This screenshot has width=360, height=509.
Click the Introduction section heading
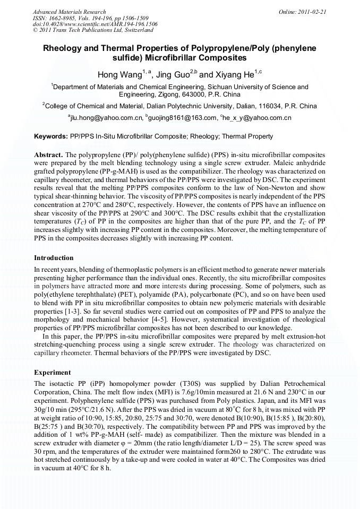54,258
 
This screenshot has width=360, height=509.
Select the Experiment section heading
52,372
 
